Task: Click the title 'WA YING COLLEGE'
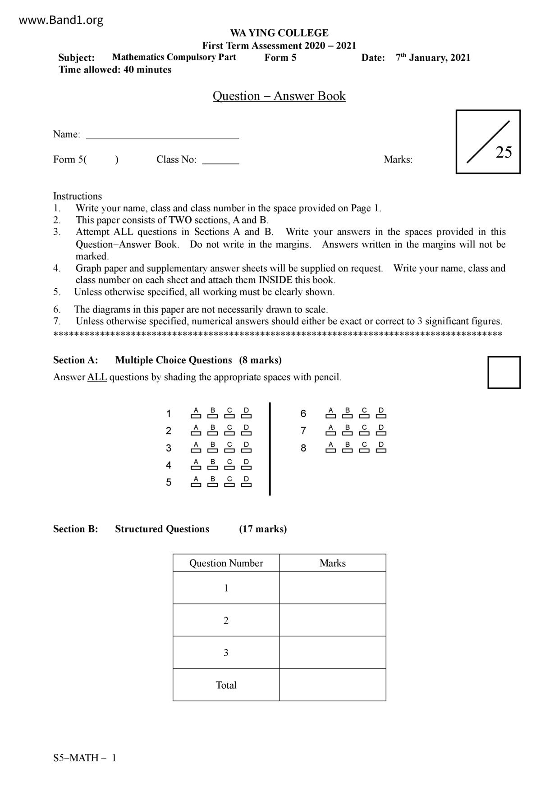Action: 279,33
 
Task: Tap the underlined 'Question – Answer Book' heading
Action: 279,96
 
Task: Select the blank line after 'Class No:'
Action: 220,162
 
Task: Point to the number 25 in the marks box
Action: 504,153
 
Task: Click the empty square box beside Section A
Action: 504,372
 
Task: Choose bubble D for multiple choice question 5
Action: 246,485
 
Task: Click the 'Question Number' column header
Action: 226,563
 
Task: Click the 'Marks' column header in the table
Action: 332,563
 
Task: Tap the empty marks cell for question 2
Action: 332,620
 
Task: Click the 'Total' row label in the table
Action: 226,685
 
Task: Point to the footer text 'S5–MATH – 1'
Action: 85,758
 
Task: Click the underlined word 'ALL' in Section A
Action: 97,377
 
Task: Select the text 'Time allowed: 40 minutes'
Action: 115,70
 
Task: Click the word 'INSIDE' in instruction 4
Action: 275,280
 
